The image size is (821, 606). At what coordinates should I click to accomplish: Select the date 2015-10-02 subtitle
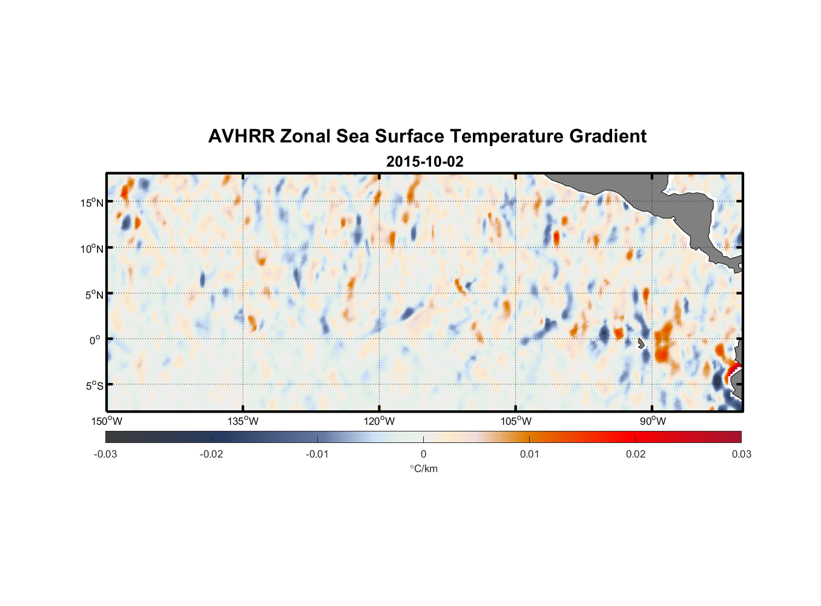(424, 162)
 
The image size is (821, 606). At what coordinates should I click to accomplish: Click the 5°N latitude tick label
(94, 295)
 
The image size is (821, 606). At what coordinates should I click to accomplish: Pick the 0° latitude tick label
(95, 341)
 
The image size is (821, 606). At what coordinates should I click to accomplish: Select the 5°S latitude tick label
(94, 386)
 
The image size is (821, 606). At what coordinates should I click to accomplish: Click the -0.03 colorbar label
(105, 454)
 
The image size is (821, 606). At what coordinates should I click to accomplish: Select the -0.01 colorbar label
(317, 454)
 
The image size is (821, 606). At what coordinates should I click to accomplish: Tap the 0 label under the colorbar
(423, 454)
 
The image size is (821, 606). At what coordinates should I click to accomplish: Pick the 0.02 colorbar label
(636, 454)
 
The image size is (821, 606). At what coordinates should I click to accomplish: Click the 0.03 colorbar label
(741, 454)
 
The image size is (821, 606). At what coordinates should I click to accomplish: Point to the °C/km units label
(424, 468)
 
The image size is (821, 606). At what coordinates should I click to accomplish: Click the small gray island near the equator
(641, 344)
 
